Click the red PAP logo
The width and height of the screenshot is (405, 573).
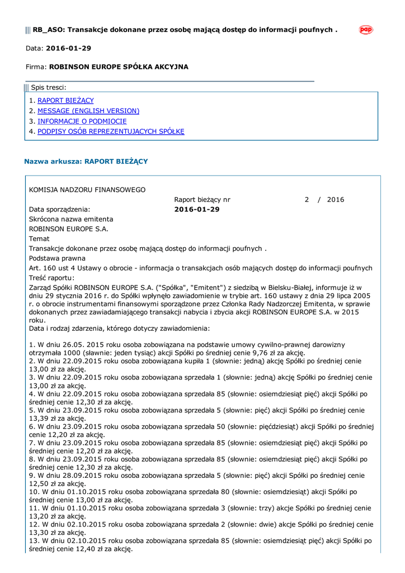[366, 30]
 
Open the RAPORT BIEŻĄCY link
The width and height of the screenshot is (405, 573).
[65, 101]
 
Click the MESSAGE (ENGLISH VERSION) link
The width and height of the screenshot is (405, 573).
[88, 111]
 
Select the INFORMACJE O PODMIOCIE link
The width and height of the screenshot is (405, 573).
[82, 121]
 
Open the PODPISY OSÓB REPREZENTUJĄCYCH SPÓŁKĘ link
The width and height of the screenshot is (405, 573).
[111, 132]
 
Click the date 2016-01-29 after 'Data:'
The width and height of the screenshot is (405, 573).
[68, 49]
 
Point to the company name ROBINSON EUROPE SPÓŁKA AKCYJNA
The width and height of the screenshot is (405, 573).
[119, 67]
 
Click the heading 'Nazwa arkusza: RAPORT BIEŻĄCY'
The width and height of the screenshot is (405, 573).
[86, 161]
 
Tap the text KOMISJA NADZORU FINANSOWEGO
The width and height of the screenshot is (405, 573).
[87, 190]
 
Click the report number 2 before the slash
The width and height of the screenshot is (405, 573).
[307, 200]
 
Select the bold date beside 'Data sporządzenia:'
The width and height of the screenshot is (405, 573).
[197, 209]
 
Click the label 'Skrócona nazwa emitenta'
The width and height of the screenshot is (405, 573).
[71, 219]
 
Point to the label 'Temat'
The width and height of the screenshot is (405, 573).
[39, 239]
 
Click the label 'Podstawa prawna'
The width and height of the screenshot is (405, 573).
[57, 259]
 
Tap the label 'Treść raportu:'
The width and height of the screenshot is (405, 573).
[51, 278]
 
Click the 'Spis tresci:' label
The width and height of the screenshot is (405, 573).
[49, 87]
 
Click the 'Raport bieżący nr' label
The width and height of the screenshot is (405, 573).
[202, 200]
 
